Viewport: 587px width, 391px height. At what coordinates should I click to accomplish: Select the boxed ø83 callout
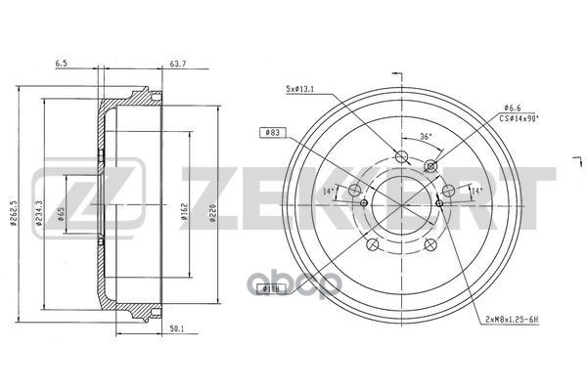[x=274, y=131]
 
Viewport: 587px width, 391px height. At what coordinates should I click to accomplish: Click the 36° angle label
[x=425, y=137]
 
